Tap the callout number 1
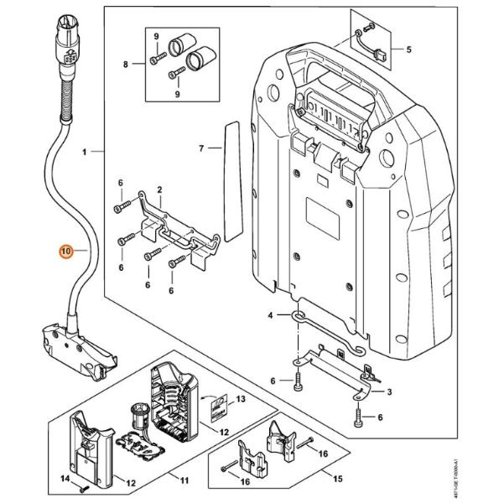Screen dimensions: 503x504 pyautogui.click(x=85, y=153)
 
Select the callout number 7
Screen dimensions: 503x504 pyautogui.click(x=201, y=148)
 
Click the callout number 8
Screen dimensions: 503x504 pyautogui.click(x=127, y=65)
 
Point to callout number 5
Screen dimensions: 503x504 pyautogui.click(x=408, y=49)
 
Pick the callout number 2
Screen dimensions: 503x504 pyautogui.click(x=159, y=191)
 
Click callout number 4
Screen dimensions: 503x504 pyautogui.click(x=270, y=316)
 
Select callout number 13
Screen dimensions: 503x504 pyautogui.click(x=242, y=400)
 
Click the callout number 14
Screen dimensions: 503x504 pyautogui.click(x=64, y=479)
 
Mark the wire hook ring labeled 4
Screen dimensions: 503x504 pyautogui.click(x=299, y=315)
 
